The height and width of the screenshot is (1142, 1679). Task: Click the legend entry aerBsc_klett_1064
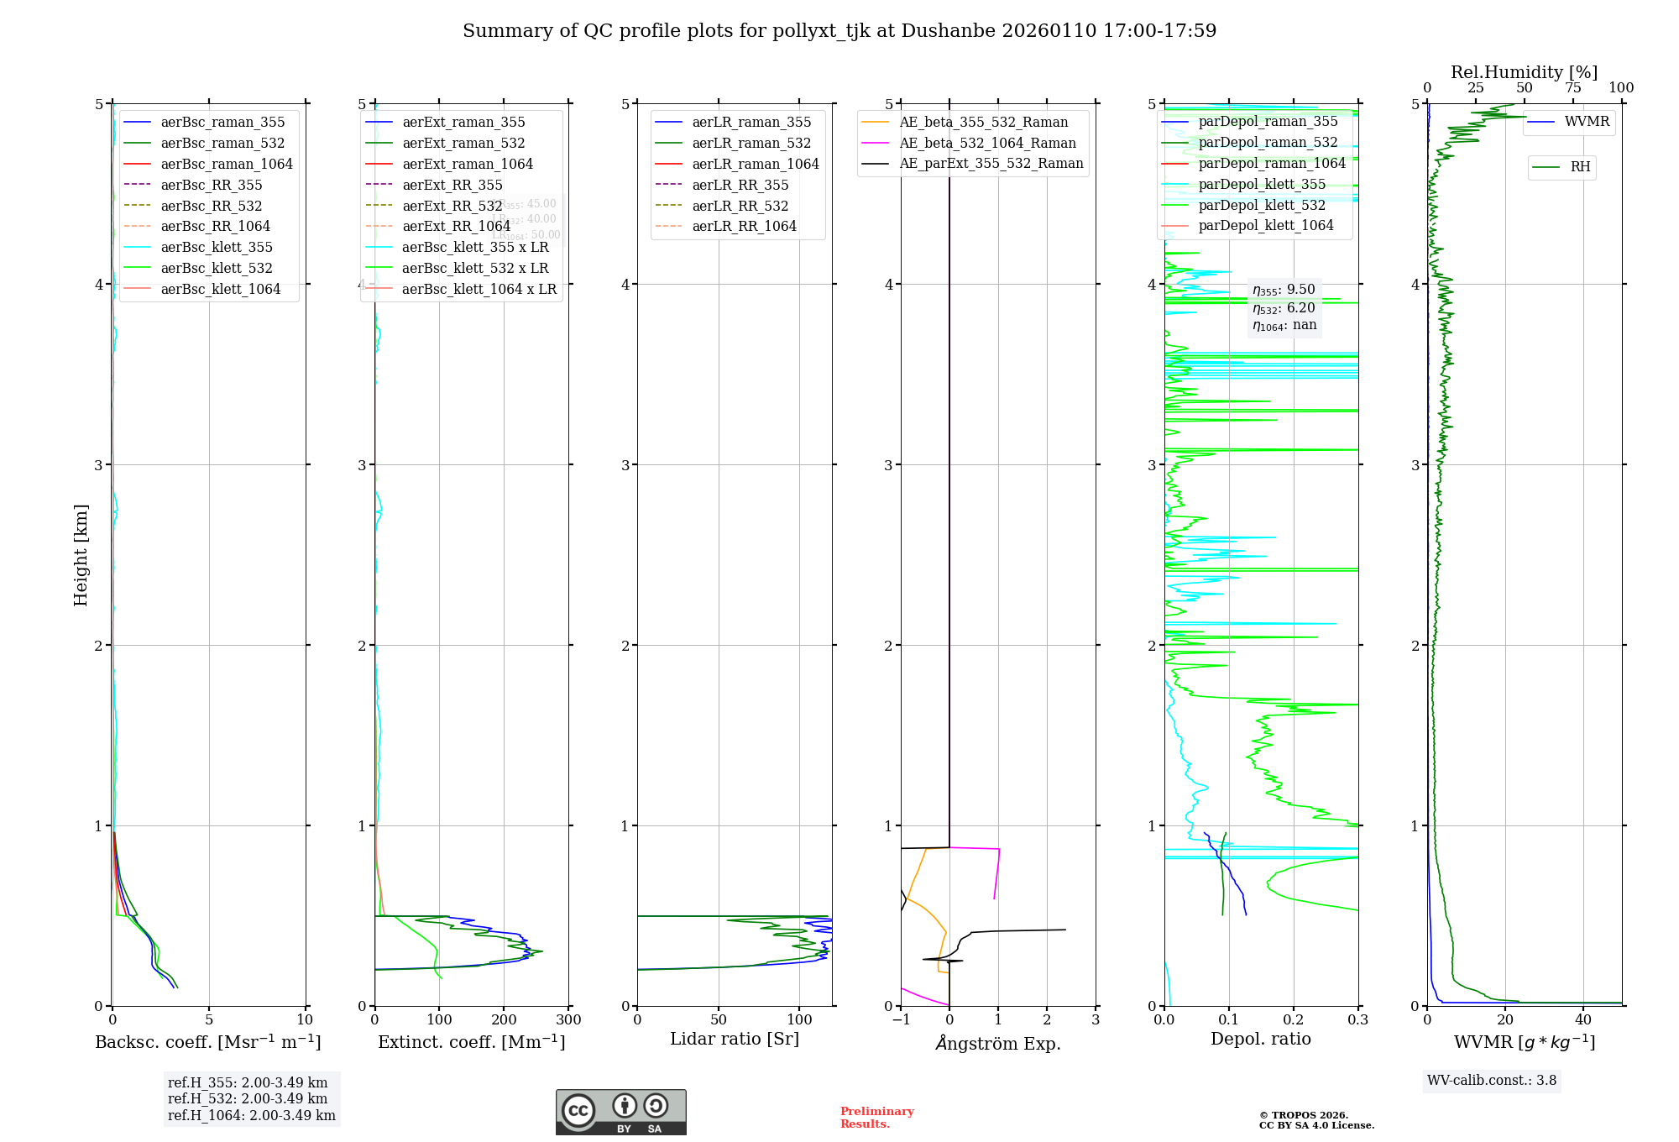pos(220,289)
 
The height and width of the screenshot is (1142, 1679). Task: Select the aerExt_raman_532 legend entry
pos(463,143)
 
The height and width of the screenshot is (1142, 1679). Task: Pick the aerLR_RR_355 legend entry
pos(740,185)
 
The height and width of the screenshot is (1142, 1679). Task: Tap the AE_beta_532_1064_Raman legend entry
pos(987,143)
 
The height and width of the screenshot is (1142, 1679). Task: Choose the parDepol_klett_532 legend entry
pos(1262,205)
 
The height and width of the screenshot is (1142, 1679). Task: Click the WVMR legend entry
pos(1587,122)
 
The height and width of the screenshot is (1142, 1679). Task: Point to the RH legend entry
pos(1580,167)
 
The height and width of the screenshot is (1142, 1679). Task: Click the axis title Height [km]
pos(81,554)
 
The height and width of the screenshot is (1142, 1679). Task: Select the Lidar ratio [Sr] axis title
pos(735,1039)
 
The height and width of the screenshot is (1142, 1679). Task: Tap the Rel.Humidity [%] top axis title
pos(1524,72)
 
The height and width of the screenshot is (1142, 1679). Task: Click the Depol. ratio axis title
pos(1260,1039)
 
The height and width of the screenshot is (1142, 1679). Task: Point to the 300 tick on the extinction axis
pos(568,1020)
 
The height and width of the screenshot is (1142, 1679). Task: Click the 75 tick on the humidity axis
pos(1572,88)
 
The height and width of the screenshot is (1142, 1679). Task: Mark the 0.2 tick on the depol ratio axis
pos(1294,1020)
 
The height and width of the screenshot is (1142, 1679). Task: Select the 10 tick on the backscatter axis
pos(305,1020)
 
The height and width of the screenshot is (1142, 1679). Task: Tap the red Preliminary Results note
pos(876,1118)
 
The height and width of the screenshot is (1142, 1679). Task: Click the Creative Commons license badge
pos(620,1112)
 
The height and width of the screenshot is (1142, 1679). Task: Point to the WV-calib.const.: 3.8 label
pos(1492,1081)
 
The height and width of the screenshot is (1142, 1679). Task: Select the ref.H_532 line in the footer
pos(248,1098)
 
